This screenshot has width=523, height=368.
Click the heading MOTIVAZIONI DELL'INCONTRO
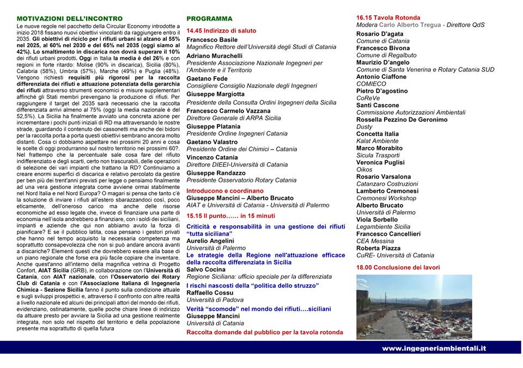(x=69, y=19)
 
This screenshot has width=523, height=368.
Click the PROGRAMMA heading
(x=209, y=19)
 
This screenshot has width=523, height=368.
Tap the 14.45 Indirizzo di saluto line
(x=221, y=30)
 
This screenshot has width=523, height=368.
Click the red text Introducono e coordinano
(x=225, y=191)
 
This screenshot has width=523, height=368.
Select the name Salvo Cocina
(x=206, y=269)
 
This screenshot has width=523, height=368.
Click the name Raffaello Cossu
(x=210, y=292)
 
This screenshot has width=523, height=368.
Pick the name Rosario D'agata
(x=380, y=34)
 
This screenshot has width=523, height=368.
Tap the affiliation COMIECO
(x=371, y=84)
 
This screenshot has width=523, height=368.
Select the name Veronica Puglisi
(x=380, y=162)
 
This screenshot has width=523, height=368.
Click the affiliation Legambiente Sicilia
(x=383, y=226)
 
